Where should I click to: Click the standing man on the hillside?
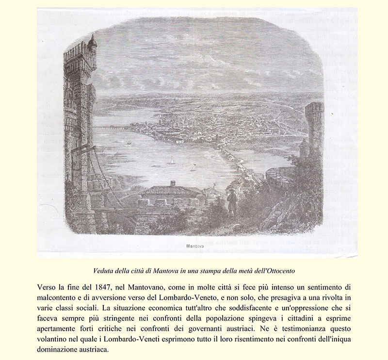232,201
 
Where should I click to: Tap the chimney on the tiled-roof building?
173,184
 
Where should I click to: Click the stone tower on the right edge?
314,126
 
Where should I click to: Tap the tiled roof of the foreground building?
171,191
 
